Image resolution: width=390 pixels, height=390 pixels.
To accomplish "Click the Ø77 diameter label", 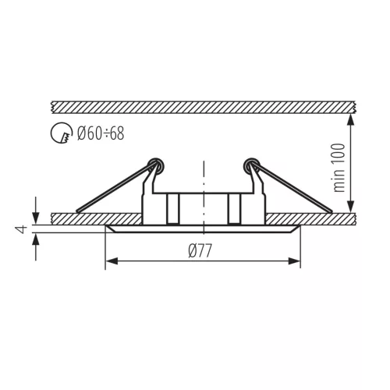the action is click(x=200, y=250).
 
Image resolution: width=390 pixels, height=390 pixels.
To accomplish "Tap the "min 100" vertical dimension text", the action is click(x=339, y=168).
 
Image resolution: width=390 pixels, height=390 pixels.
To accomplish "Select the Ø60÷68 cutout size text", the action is click(x=101, y=133).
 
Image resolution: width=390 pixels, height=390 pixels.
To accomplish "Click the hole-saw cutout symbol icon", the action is click(x=62, y=133).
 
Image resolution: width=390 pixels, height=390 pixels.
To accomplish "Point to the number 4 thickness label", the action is click(x=21, y=229).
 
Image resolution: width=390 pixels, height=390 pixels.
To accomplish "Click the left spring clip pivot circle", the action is click(x=155, y=165).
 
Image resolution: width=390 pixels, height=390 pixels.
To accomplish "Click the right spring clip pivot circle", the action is click(x=251, y=165).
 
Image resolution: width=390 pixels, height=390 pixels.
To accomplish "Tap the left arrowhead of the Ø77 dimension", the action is click(x=112, y=261).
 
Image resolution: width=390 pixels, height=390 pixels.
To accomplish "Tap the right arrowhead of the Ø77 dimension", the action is click(x=294, y=261).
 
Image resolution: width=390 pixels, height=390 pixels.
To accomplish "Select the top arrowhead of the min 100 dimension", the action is click(x=351, y=120).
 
